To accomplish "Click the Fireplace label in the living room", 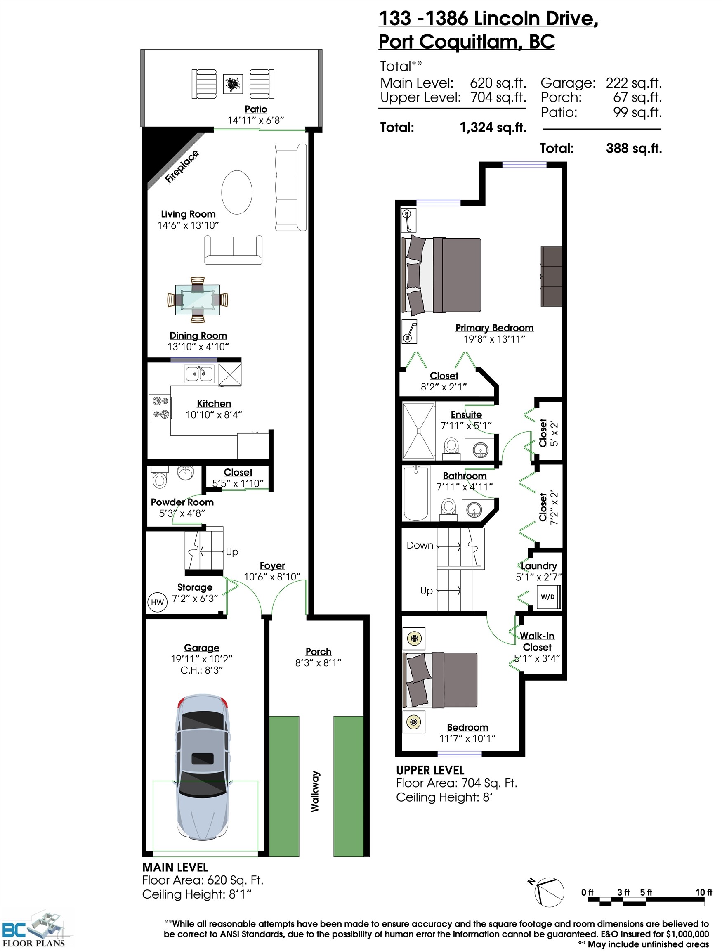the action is pyautogui.click(x=182, y=167).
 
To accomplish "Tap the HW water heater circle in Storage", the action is pyautogui.click(x=157, y=602).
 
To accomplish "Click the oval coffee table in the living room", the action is pyautogui.click(x=237, y=192).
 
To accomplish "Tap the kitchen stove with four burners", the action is pyautogui.click(x=160, y=407).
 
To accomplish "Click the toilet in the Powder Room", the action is pyautogui.click(x=159, y=477).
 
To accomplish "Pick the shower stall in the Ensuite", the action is pyautogui.click(x=419, y=431).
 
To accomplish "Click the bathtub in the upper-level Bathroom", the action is pyautogui.click(x=416, y=494).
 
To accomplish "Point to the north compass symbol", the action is pyautogui.click(x=548, y=892).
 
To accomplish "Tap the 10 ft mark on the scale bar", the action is pyautogui.click(x=703, y=892).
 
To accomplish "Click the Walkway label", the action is pyautogui.click(x=316, y=792).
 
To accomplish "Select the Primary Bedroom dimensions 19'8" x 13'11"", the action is pyautogui.click(x=494, y=339).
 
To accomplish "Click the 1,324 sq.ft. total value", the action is pyautogui.click(x=493, y=128).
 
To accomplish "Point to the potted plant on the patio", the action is pyautogui.click(x=233, y=84).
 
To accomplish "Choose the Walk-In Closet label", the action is pyautogui.click(x=537, y=641).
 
